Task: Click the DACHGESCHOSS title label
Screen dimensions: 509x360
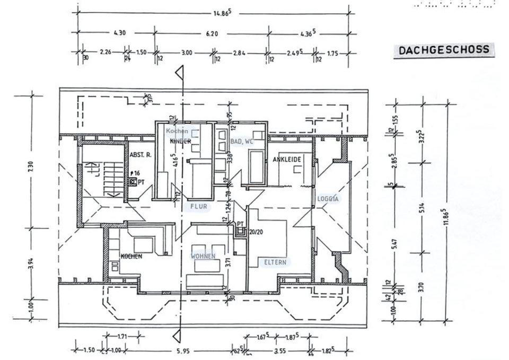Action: pyautogui.click(x=443, y=50)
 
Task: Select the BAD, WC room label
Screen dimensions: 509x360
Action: pyautogui.click(x=242, y=142)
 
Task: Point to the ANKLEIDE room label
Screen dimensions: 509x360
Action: pyautogui.click(x=287, y=160)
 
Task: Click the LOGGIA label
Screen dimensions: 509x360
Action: pyautogui.click(x=328, y=199)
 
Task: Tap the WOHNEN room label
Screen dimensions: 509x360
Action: pyautogui.click(x=203, y=256)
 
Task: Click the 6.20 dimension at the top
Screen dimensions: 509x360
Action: pyautogui.click(x=212, y=33)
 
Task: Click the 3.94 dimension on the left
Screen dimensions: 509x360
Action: pyautogui.click(x=30, y=262)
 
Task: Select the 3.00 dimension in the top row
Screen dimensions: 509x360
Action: pyautogui.click(x=186, y=53)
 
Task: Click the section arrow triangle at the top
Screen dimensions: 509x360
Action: pyautogui.click(x=180, y=72)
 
